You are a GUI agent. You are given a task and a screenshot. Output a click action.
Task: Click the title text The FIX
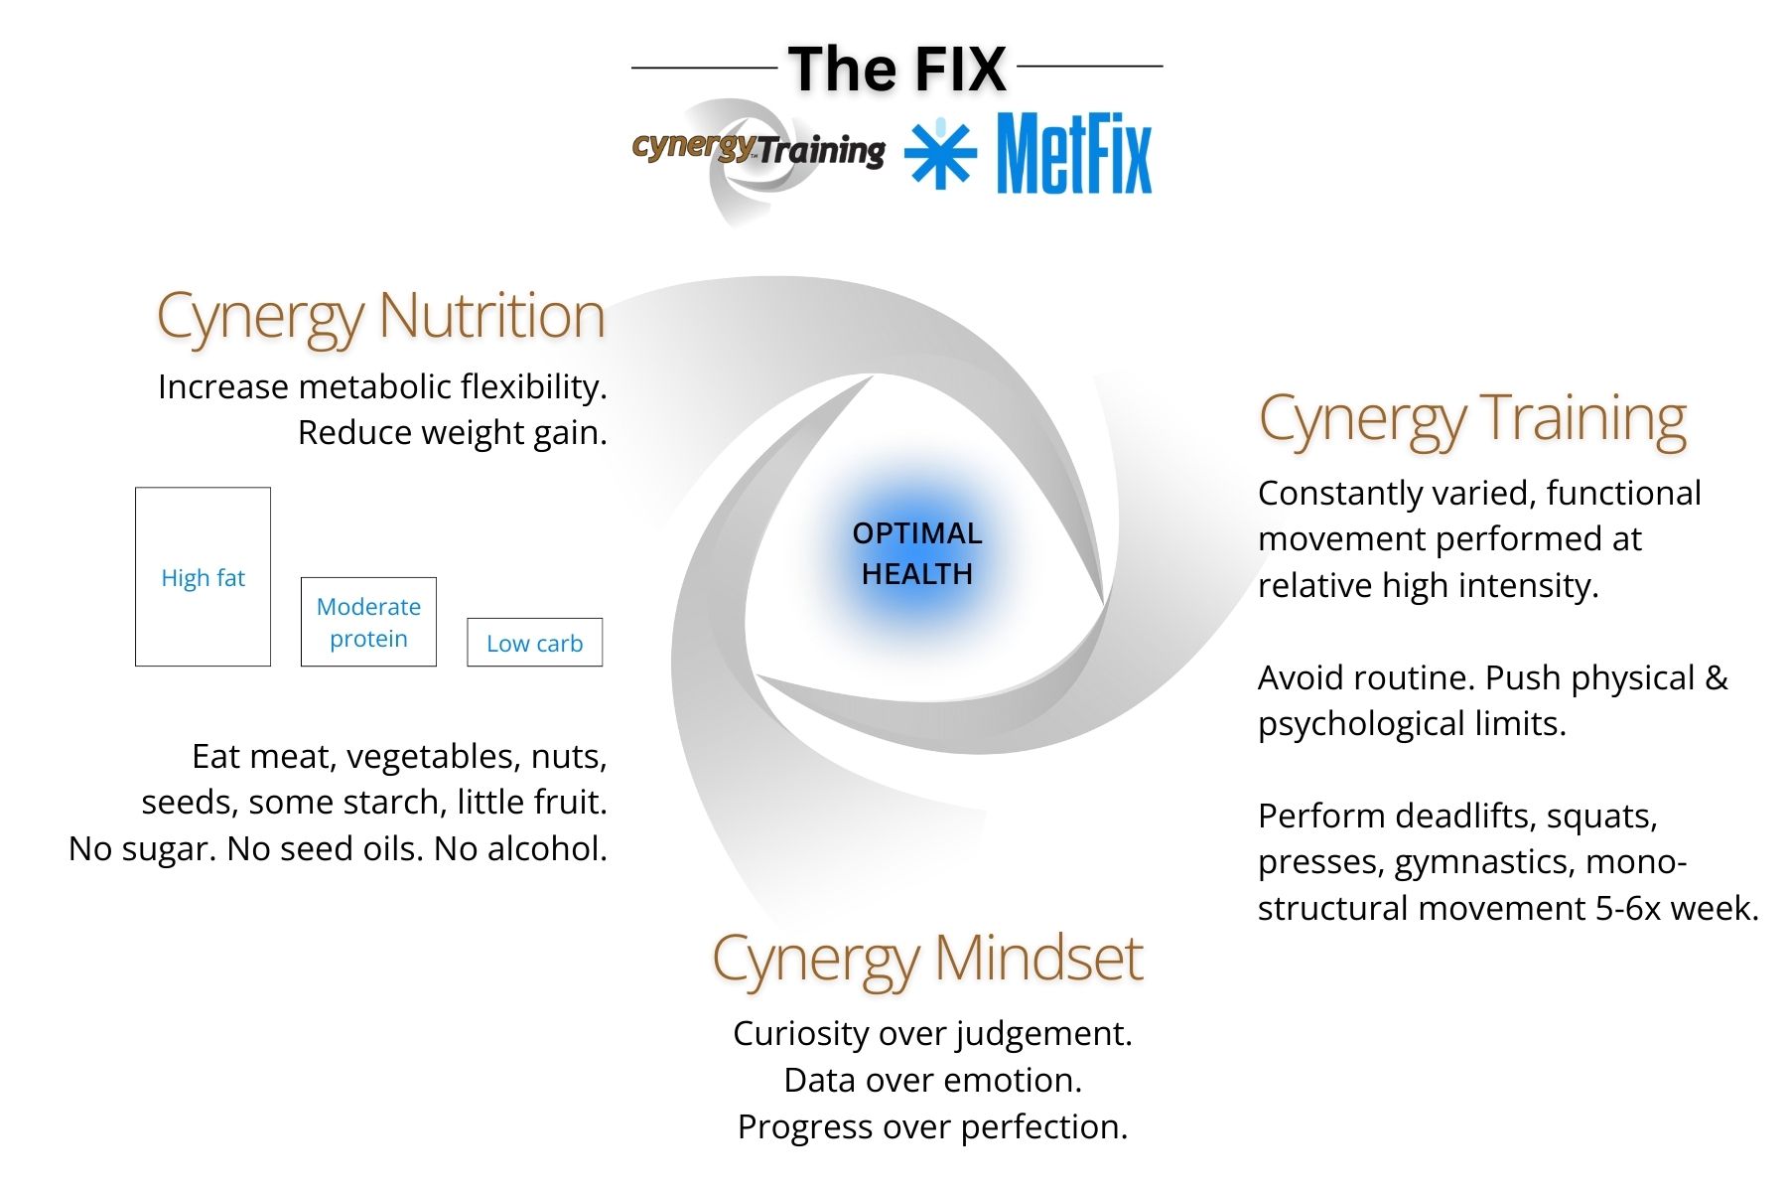coord(897,70)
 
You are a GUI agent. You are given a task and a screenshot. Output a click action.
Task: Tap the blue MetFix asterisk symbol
coord(939,154)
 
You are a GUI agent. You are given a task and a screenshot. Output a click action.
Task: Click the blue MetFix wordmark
coord(1073,154)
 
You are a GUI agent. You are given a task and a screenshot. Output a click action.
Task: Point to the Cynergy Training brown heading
coord(1472,419)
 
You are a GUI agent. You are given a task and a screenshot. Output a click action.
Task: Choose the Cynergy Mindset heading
coord(927,960)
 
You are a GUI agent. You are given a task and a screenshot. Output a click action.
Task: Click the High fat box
coord(203,577)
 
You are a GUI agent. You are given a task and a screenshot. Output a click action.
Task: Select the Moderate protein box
coord(368,622)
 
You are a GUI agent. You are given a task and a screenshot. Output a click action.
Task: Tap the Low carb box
coord(534,643)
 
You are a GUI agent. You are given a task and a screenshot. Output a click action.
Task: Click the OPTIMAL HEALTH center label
coord(917,553)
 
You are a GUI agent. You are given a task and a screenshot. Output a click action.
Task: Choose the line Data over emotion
coord(932,1081)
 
